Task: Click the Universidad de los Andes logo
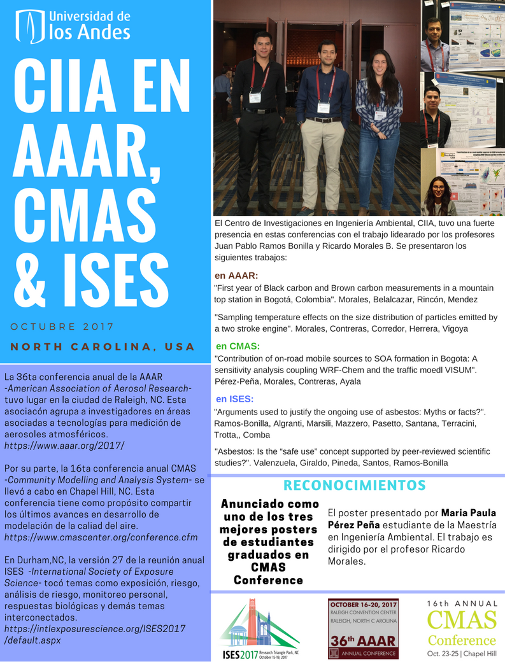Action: coord(74,25)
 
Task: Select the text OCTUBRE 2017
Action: coord(62,327)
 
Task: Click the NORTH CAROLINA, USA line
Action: coord(103,347)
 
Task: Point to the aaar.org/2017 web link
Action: coord(64,445)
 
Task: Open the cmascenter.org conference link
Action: coord(101,537)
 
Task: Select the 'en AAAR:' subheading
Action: coord(236,276)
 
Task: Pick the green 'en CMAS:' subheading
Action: coord(237,346)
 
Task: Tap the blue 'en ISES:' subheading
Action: coord(235,399)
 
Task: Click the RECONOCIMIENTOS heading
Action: coord(354,486)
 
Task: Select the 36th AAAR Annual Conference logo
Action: coord(362,628)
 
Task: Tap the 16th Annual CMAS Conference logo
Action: coord(462,628)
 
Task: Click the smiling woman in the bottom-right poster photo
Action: coord(438,194)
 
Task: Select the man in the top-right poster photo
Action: coord(435,41)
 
